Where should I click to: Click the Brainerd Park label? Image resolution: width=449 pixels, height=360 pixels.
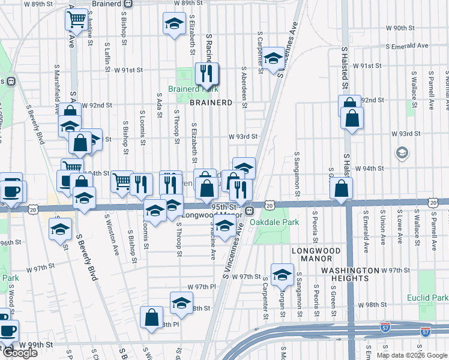point(192,89)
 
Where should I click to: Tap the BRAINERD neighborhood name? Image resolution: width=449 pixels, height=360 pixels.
point(211,103)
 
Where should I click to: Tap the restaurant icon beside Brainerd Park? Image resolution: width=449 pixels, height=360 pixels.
point(207,74)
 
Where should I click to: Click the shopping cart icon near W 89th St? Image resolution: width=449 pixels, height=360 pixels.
point(77,21)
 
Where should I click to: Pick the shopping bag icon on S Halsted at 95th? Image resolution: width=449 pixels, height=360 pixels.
point(341,189)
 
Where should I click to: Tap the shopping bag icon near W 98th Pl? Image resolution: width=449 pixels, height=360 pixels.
point(152,317)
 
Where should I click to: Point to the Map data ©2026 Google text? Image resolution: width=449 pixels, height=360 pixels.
point(411,355)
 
